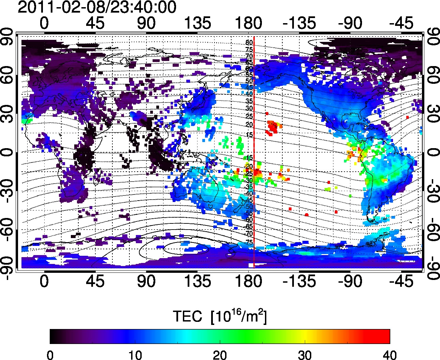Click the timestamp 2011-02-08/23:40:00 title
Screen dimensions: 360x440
pos(97,7)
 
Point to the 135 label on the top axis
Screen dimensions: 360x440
pos(197,23)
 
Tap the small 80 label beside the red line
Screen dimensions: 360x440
pos(249,43)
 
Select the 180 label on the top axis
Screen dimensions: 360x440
pos(248,23)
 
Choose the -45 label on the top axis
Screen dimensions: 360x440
pos(402,23)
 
